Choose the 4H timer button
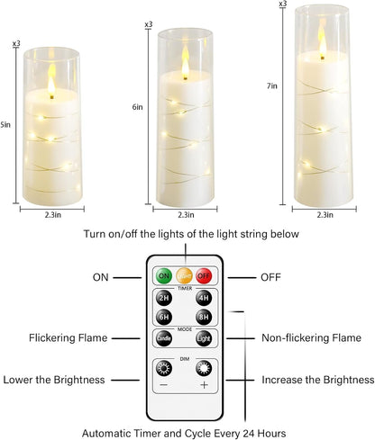204,299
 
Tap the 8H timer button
204,317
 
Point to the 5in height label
6,124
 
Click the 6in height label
137,107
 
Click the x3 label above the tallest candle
283,4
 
